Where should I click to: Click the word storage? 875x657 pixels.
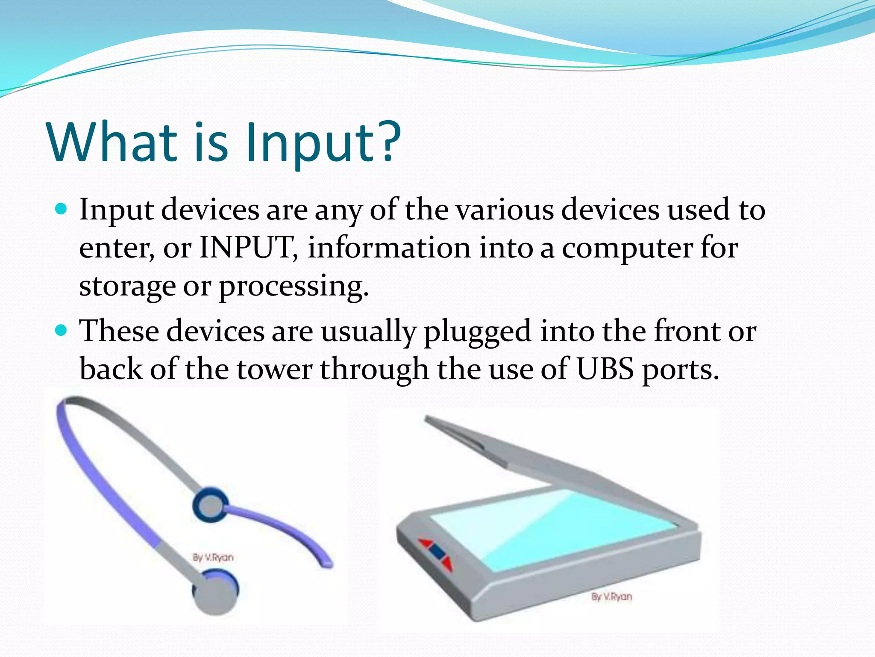point(127,287)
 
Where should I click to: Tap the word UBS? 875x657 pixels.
point(605,369)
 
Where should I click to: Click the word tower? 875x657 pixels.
point(275,369)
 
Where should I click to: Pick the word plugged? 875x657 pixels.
point(477,332)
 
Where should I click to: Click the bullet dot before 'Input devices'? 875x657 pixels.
point(62,209)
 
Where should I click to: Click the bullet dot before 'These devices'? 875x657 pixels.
point(62,330)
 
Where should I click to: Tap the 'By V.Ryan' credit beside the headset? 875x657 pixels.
point(213,557)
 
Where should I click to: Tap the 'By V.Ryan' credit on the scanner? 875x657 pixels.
point(611,596)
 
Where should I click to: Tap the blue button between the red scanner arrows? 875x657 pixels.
point(436,552)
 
